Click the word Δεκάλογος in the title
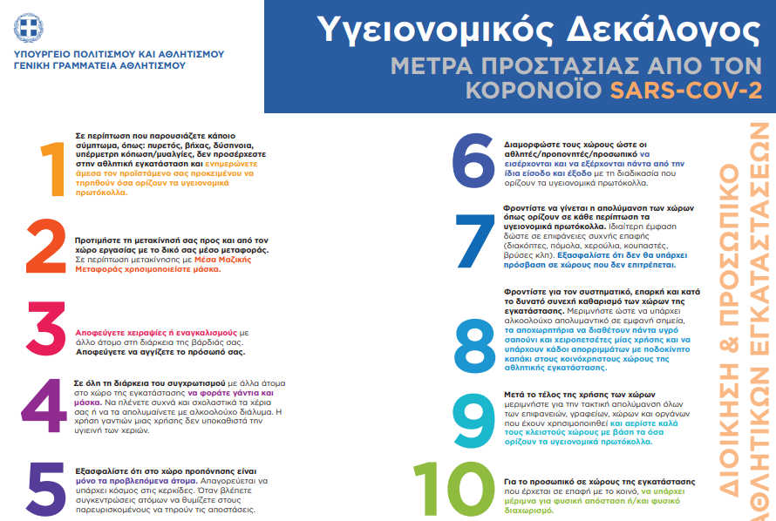(642, 31)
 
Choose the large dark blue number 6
(474, 159)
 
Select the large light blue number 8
(476, 341)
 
